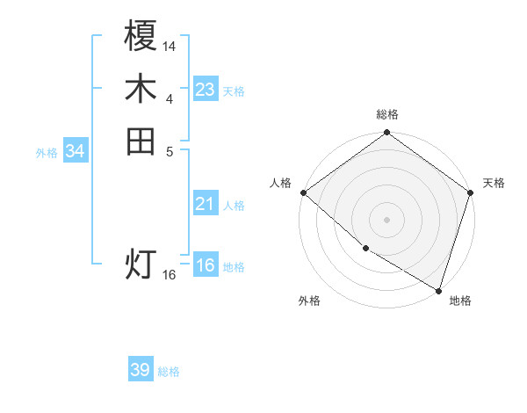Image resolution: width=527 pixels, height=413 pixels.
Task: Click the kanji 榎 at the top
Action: (x=141, y=38)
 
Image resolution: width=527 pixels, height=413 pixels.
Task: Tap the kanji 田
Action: (x=141, y=141)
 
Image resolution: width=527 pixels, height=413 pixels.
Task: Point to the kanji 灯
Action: (x=141, y=264)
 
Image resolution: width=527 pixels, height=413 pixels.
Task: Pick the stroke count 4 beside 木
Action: (x=170, y=98)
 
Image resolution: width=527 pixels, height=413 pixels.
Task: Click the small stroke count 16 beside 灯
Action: (x=170, y=274)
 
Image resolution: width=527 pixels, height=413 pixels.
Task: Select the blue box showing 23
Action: (x=206, y=90)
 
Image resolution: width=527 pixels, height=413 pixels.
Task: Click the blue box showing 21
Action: (x=206, y=204)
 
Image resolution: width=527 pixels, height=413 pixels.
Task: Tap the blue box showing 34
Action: (x=76, y=151)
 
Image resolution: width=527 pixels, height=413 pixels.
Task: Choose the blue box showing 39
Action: (x=141, y=370)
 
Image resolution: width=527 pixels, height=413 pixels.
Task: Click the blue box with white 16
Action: (x=206, y=266)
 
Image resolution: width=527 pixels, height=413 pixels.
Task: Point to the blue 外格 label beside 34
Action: (x=47, y=152)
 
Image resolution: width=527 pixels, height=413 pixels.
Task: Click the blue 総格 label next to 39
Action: (x=169, y=372)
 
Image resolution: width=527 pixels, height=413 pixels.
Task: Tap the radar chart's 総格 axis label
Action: (x=386, y=114)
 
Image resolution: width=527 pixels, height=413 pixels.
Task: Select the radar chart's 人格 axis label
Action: (x=280, y=183)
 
